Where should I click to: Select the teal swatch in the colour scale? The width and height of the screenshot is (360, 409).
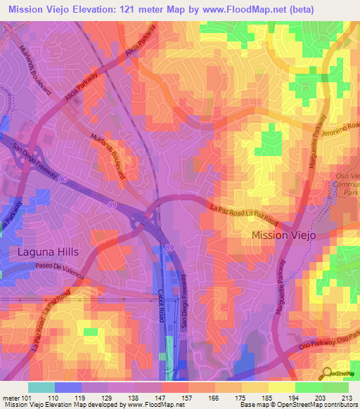[41, 387]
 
